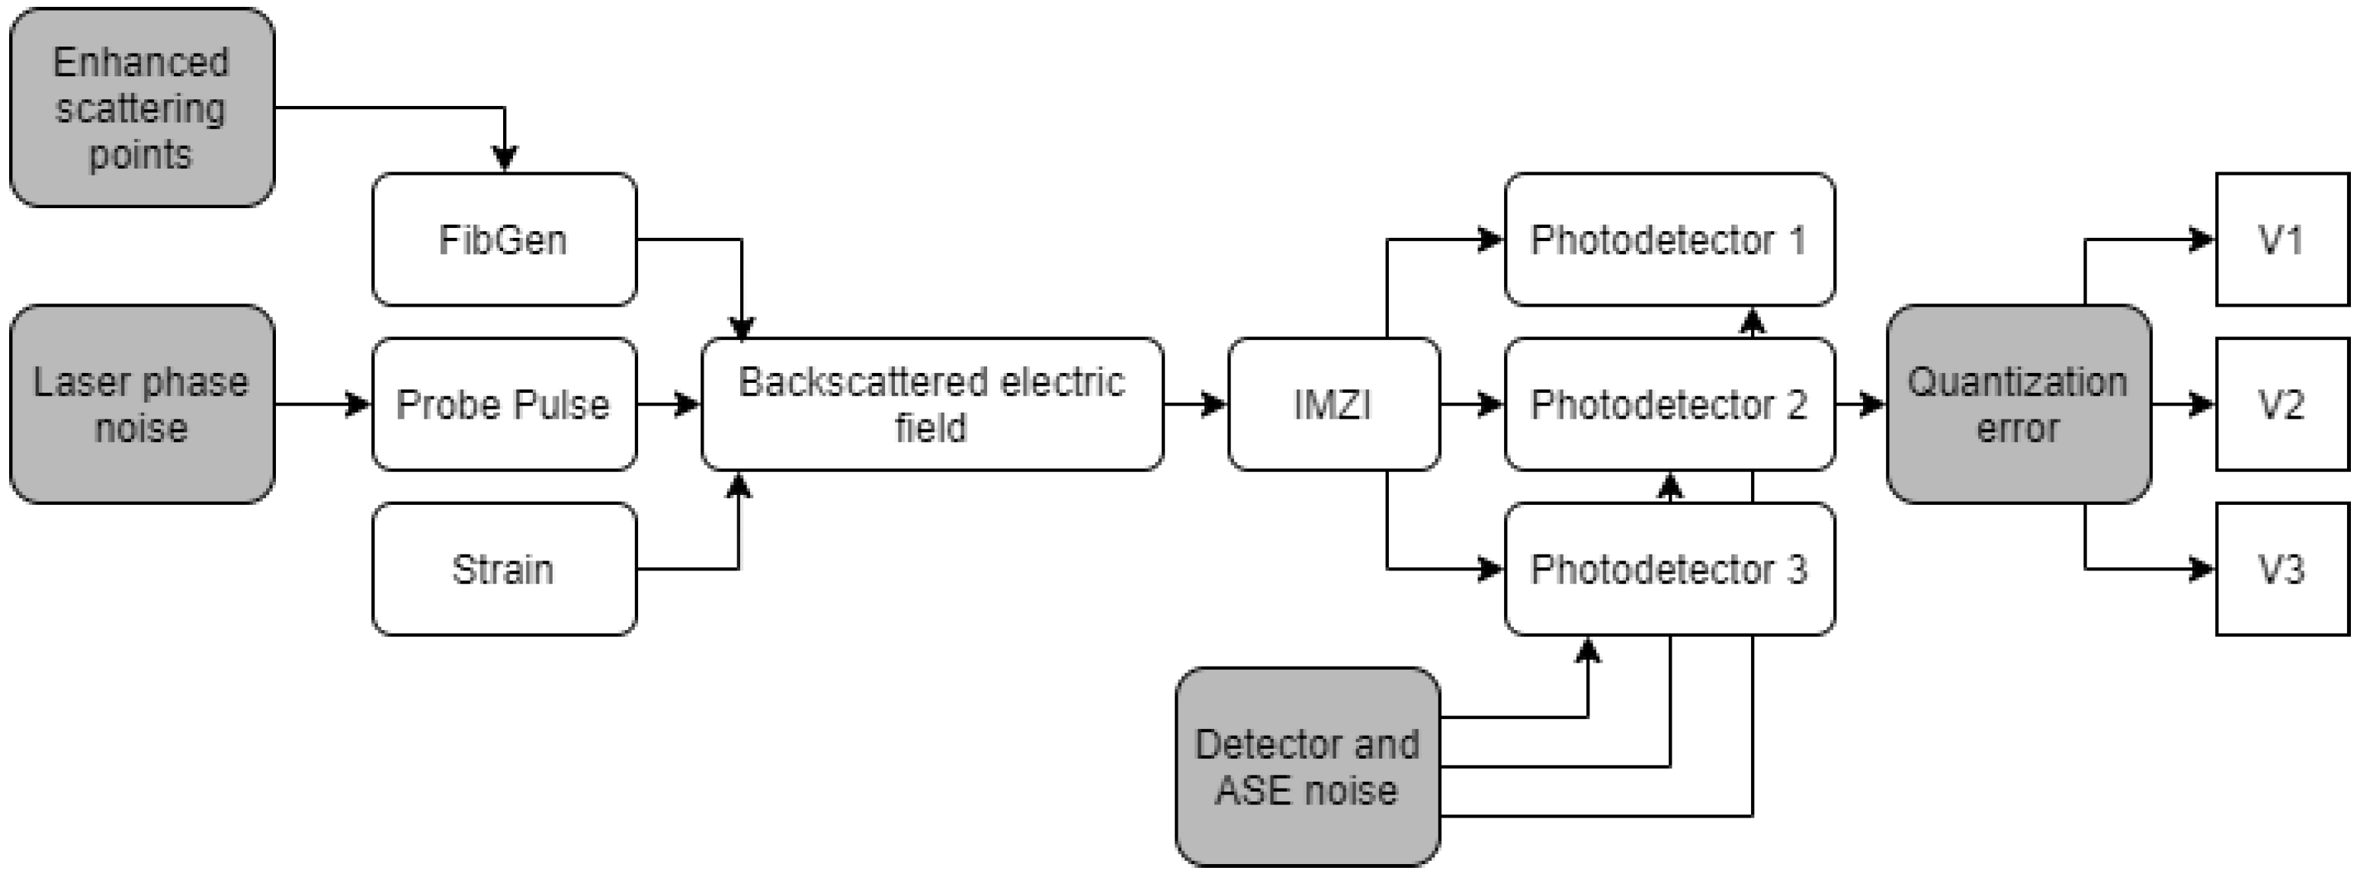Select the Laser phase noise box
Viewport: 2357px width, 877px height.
(142, 403)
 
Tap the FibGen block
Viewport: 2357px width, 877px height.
(504, 239)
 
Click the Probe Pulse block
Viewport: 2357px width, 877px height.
(504, 403)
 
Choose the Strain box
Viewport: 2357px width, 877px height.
(504, 568)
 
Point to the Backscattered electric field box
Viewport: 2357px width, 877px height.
(932, 403)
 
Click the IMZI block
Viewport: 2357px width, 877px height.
(1333, 403)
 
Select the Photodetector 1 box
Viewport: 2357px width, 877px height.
(1669, 239)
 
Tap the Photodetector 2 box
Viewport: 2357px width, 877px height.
(1669, 403)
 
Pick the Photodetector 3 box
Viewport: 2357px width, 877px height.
(1669, 568)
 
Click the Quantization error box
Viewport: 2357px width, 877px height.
(2018, 403)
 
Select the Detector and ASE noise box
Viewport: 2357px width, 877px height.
(1307, 766)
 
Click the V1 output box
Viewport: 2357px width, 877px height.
(2281, 239)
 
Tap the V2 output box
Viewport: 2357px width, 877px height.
(2281, 403)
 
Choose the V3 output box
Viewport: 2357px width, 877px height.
(2281, 568)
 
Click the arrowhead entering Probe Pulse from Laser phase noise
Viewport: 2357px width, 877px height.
(359, 403)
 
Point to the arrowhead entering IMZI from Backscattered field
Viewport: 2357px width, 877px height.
(1214, 403)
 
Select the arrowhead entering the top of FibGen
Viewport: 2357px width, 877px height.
(504, 159)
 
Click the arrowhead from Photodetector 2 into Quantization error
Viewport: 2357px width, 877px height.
(1873, 403)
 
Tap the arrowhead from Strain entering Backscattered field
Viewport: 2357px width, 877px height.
(739, 486)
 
